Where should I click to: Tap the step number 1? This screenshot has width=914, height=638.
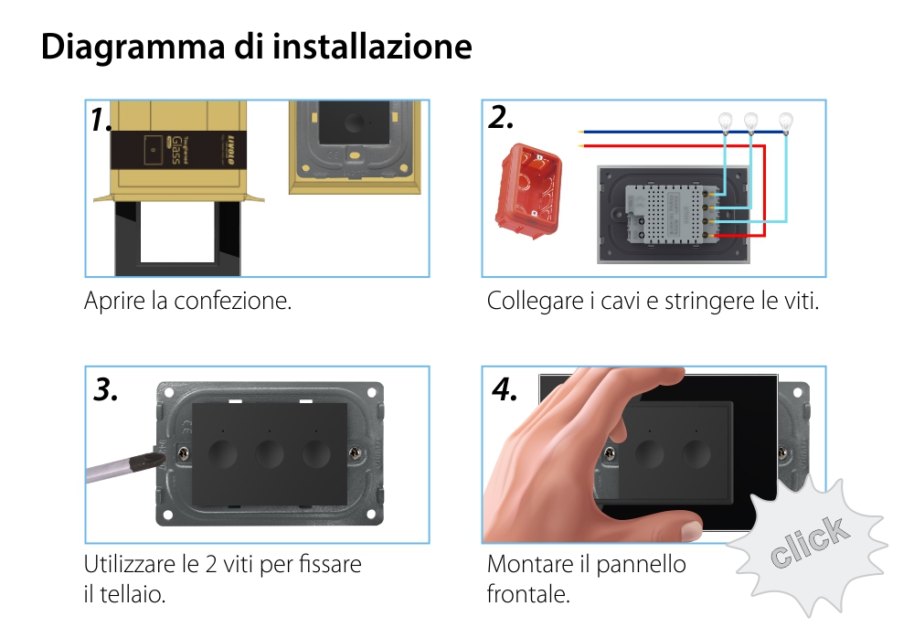click(x=101, y=120)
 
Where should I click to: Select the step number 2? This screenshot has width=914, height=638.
click(x=501, y=118)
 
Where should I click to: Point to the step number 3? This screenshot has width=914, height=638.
click(x=106, y=389)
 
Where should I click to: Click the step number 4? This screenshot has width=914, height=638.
click(x=504, y=389)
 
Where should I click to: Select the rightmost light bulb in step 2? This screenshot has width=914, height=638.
click(x=785, y=121)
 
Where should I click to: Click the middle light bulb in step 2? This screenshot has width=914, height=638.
click(x=751, y=121)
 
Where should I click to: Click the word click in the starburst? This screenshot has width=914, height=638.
click(x=808, y=541)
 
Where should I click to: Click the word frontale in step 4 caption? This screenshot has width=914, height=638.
click(x=528, y=594)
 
